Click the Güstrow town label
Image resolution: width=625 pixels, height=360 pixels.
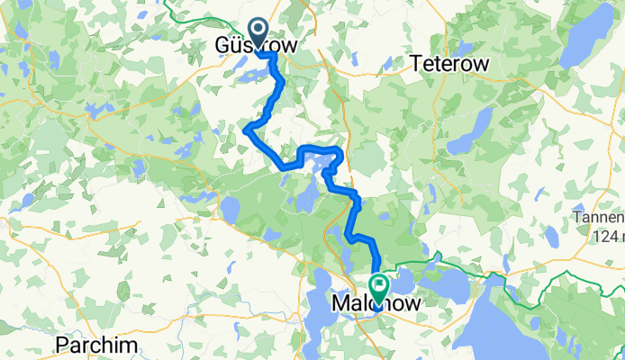click(255, 44)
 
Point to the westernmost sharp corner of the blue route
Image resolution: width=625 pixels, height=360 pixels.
click(246, 130)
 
